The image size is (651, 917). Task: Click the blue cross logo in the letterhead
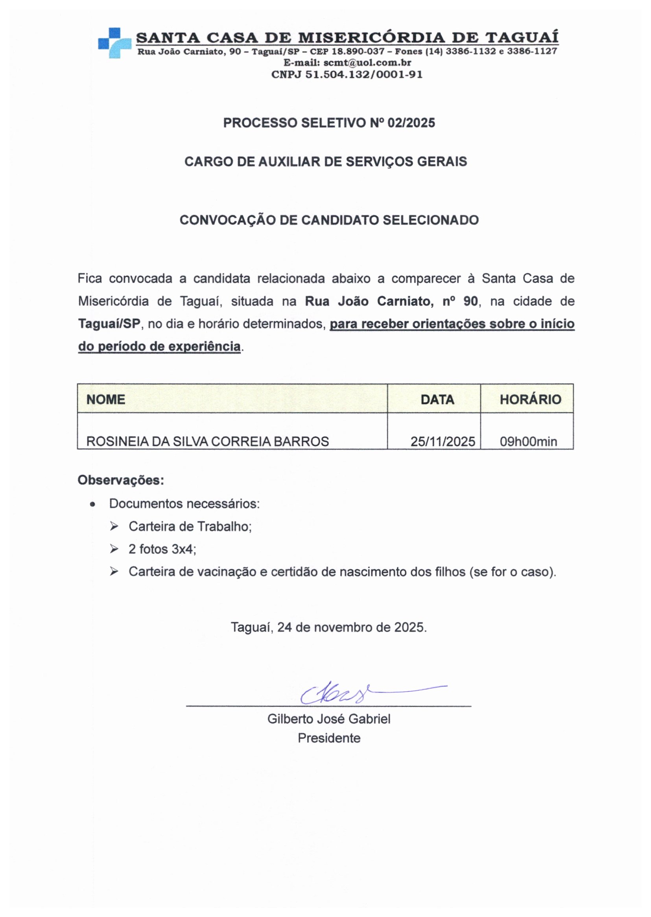pos(114,42)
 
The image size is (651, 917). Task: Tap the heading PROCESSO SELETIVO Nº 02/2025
pos(329,123)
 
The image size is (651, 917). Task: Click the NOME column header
pos(106,399)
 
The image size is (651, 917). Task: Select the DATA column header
pos(437,399)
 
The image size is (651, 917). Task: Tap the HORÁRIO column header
pos(530,399)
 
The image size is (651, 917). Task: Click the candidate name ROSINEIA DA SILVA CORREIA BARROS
pos(208,441)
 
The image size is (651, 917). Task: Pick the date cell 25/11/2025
pos(443,441)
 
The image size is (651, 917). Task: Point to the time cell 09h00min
pos(528,441)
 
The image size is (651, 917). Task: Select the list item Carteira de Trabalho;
pos(190,526)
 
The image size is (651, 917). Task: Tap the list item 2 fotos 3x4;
pos(162,549)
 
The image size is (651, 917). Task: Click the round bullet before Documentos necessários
pos(92,505)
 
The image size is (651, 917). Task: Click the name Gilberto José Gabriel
pos(329,719)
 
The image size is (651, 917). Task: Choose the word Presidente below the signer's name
pos(329,738)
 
